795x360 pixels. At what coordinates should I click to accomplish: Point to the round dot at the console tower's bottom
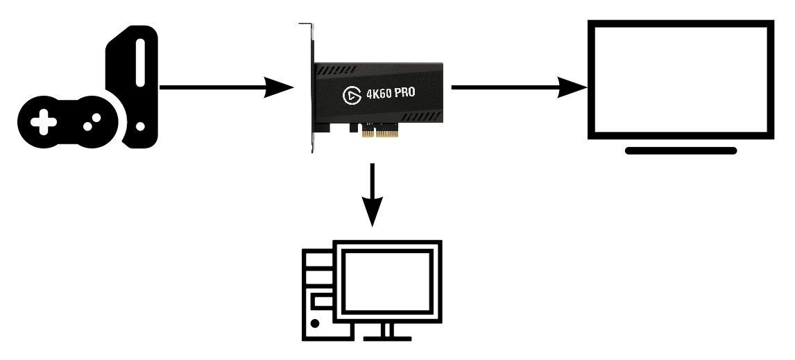tap(141, 128)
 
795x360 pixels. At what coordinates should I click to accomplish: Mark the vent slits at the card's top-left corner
tap(335, 70)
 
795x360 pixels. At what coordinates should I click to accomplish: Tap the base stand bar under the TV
tap(681, 150)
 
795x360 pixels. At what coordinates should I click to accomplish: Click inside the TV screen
tap(681, 78)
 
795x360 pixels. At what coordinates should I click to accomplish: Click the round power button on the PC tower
tap(316, 323)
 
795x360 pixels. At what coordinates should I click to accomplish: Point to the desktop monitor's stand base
tap(386, 338)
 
